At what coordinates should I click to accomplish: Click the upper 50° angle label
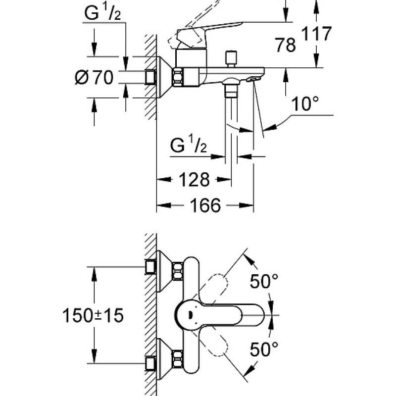coord(263,282)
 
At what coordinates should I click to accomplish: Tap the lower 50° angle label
coord(263,350)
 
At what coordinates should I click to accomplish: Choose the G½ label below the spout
coord(189,146)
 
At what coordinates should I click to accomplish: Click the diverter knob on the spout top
coord(230,58)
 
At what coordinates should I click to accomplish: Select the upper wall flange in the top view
coord(164,267)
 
